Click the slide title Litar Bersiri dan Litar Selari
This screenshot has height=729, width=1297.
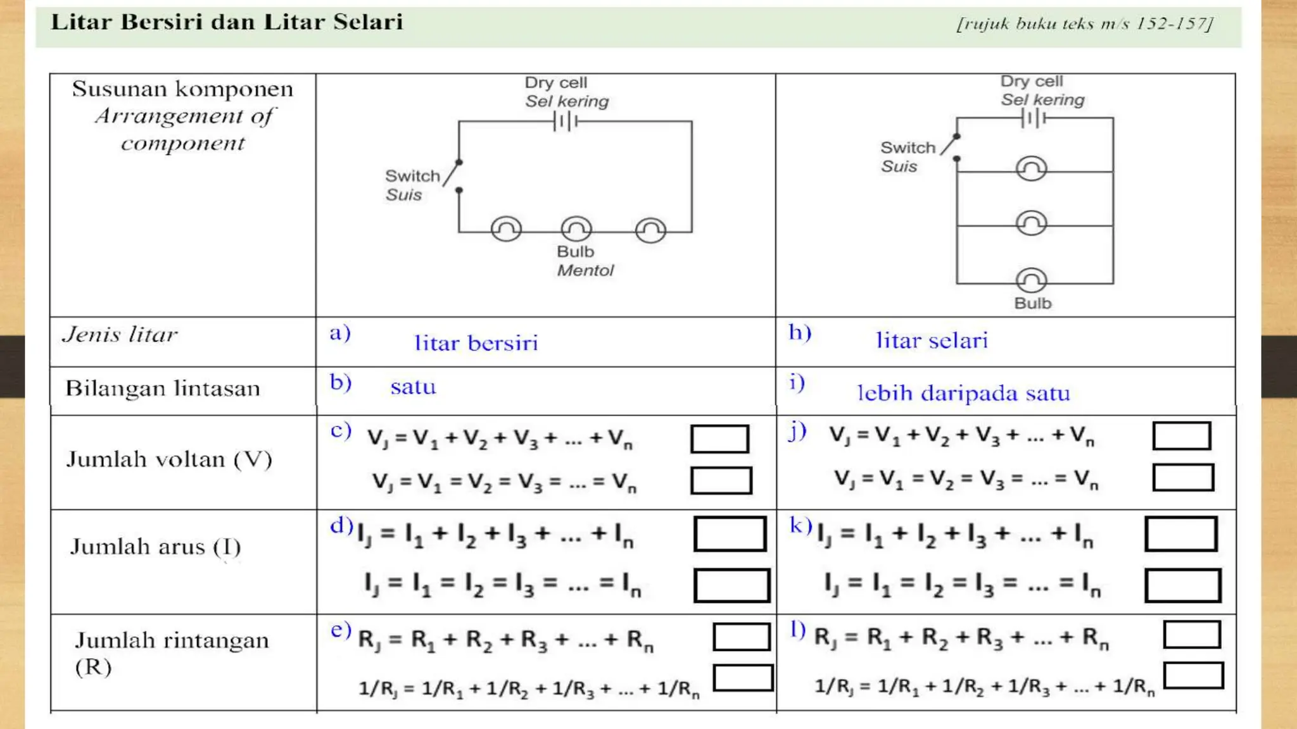[227, 22]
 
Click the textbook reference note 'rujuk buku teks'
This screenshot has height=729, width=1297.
[1085, 24]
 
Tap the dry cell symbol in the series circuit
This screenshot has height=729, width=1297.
[565, 121]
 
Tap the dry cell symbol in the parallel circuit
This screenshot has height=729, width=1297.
[1033, 118]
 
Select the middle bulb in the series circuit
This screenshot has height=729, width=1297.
[576, 229]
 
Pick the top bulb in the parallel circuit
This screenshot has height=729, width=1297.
[1031, 168]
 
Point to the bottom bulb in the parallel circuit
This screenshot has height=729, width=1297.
[1031, 280]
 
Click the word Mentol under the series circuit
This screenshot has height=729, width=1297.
[585, 271]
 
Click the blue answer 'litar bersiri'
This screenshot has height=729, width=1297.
[476, 343]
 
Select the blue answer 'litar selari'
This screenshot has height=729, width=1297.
[932, 341]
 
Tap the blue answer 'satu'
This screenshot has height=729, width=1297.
[413, 387]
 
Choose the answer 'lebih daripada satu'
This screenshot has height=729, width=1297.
[963, 393]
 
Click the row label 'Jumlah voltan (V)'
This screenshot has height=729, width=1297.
[169, 459]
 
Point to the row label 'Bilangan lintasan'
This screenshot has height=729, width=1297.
[163, 388]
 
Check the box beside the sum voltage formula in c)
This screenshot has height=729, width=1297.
[719, 439]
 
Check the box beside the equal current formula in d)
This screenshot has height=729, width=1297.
[731, 585]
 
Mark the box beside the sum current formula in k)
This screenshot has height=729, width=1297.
[1180, 534]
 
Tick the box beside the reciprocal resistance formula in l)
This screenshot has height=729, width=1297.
[1193, 675]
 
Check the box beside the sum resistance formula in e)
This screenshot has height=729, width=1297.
[741, 637]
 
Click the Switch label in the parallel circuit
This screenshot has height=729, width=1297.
[908, 147]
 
